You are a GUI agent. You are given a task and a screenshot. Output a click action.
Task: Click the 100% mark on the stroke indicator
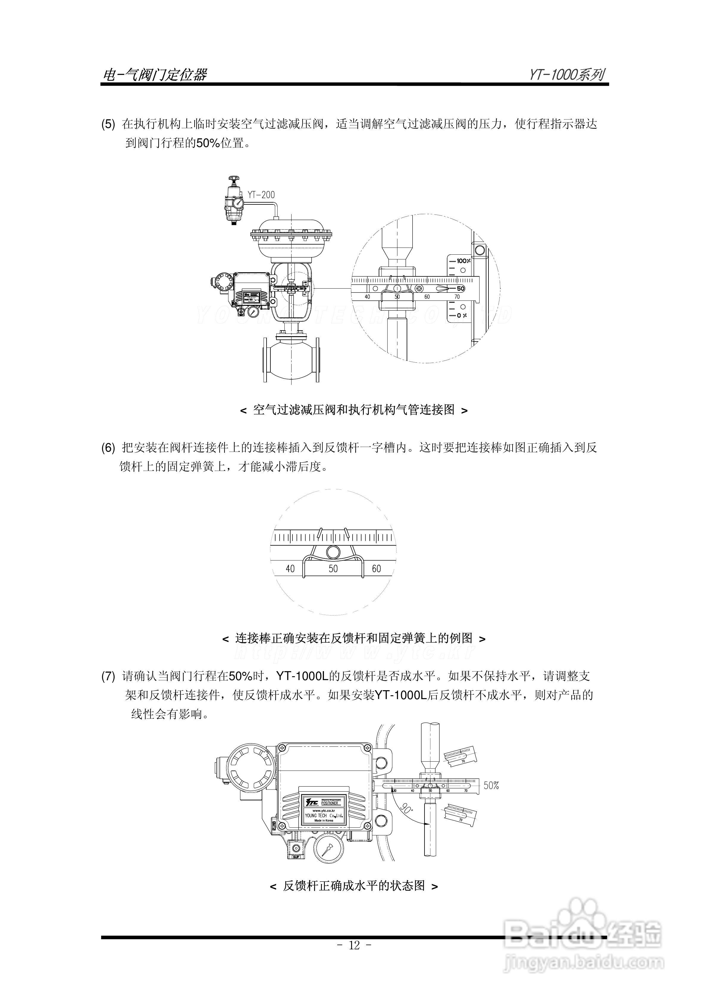click(x=463, y=261)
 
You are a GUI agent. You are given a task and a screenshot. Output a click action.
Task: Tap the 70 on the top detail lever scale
click(x=457, y=297)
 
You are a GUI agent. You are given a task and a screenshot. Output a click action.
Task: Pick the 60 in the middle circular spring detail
click(x=376, y=569)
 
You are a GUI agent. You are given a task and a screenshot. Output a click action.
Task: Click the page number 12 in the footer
click(x=354, y=945)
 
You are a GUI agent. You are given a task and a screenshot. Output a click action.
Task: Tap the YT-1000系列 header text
click(x=567, y=75)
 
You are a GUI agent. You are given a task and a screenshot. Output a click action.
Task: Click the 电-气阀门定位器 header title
click(x=154, y=75)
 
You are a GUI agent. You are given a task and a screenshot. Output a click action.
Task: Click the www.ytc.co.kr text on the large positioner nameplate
click(x=323, y=811)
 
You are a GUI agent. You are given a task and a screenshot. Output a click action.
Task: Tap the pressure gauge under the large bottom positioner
click(x=328, y=849)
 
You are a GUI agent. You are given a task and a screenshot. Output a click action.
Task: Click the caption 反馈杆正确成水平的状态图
click(x=354, y=886)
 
